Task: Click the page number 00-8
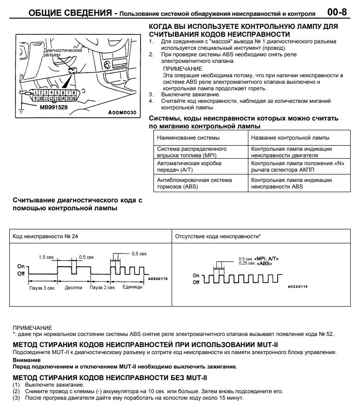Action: click(x=341, y=12)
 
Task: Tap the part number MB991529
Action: click(x=53, y=107)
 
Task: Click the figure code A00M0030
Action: click(x=122, y=113)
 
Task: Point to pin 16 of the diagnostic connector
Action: click(x=73, y=99)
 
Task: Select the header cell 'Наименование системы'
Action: click(x=188, y=138)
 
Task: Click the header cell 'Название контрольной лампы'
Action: click(x=290, y=138)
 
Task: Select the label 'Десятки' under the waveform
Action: click(x=73, y=288)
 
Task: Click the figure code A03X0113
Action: click(x=158, y=278)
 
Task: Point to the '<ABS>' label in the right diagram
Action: click(x=265, y=263)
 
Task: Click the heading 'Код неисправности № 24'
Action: click(x=45, y=236)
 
